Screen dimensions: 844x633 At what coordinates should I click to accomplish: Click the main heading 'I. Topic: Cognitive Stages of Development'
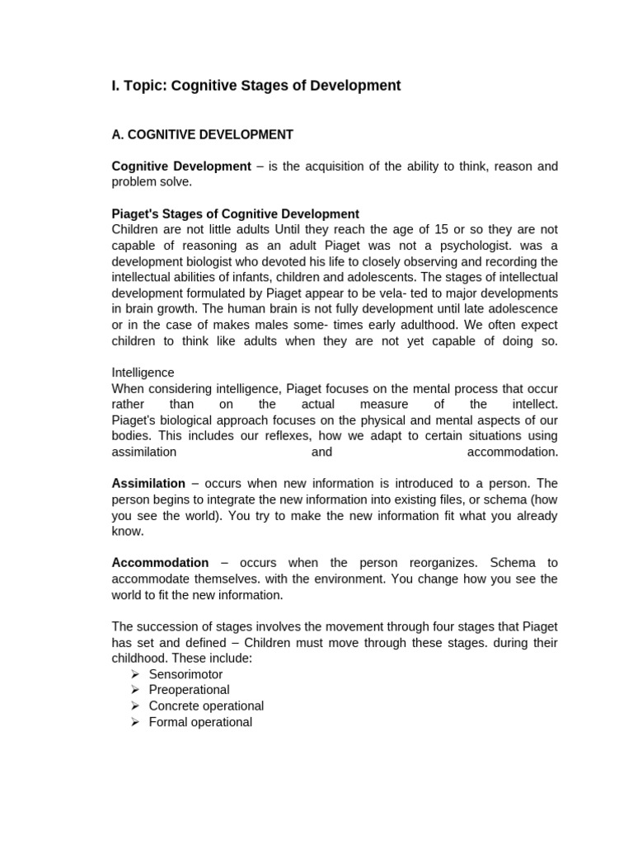click(x=256, y=86)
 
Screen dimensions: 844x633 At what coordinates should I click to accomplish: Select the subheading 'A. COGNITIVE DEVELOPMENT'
click(x=202, y=134)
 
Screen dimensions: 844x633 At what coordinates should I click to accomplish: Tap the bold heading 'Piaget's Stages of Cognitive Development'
click(x=235, y=214)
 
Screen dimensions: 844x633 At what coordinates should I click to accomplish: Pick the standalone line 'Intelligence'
click(x=143, y=373)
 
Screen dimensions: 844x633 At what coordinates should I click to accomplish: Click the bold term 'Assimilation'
click(x=148, y=484)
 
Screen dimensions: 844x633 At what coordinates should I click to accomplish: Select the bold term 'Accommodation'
click(x=160, y=563)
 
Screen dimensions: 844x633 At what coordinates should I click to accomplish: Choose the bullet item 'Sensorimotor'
click(x=185, y=674)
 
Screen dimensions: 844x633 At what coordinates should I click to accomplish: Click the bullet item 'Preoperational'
click(x=189, y=690)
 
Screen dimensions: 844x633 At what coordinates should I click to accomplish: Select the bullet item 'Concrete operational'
click(x=206, y=706)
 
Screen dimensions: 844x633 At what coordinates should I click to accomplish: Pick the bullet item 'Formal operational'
click(x=200, y=722)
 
